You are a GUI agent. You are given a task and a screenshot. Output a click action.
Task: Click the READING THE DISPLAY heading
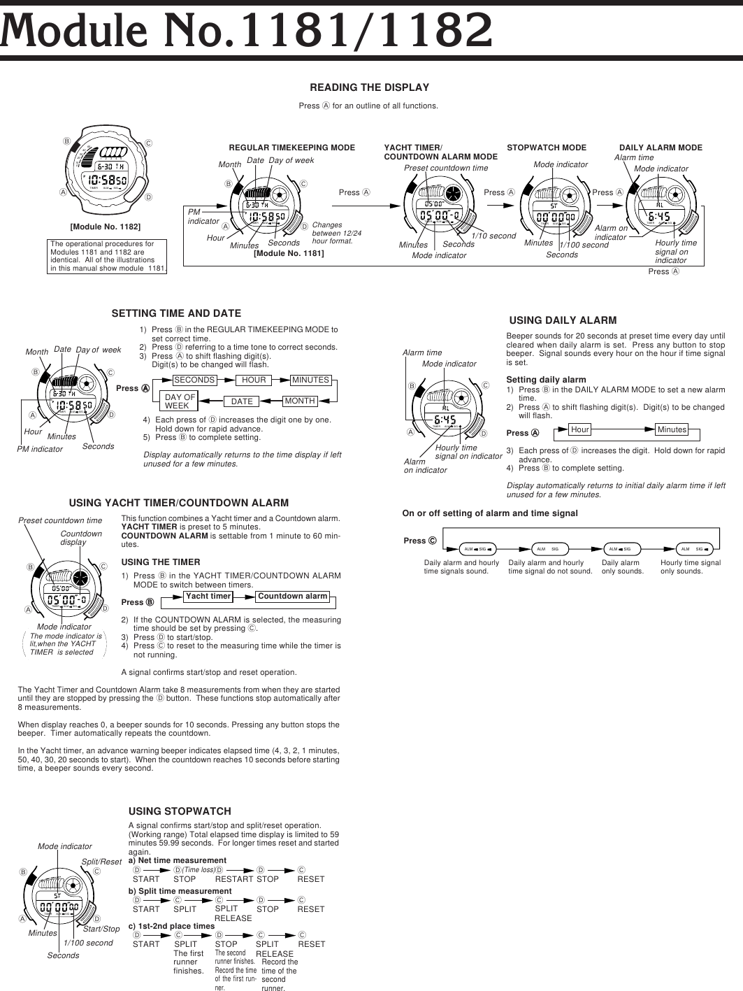[x=369, y=87]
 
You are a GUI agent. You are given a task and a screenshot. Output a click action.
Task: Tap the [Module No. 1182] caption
[x=106, y=227]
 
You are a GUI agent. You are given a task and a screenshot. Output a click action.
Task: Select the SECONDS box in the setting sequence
[x=194, y=380]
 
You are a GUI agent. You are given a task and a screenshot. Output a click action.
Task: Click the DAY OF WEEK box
[x=180, y=401]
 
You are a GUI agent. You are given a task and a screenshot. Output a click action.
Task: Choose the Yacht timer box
[x=208, y=597]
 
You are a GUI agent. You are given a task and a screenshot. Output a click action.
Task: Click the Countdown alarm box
[x=292, y=597]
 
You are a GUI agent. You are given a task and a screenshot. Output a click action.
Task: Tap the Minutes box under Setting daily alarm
[x=672, y=429]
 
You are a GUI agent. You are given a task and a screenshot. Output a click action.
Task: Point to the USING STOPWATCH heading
[x=180, y=811]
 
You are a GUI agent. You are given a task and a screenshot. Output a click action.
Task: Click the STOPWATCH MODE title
[x=547, y=148]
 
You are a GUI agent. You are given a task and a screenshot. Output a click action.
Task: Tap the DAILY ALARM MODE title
[x=661, y=148]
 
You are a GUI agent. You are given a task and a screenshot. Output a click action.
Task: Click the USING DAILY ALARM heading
[x=563, y=320]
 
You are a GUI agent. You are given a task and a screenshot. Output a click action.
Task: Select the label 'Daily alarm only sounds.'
[x=622, y=567]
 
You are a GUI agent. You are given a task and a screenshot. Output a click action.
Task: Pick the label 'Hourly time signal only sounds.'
[x=690, y=567]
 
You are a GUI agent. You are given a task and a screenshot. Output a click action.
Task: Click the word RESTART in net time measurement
[x=233, y=879]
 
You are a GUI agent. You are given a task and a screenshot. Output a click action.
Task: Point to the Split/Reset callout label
[x=101, y=862]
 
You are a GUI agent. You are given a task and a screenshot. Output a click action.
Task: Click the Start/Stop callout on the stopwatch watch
[x=101, y=929]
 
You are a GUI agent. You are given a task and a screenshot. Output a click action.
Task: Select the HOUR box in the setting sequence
[x=254, y=380]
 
